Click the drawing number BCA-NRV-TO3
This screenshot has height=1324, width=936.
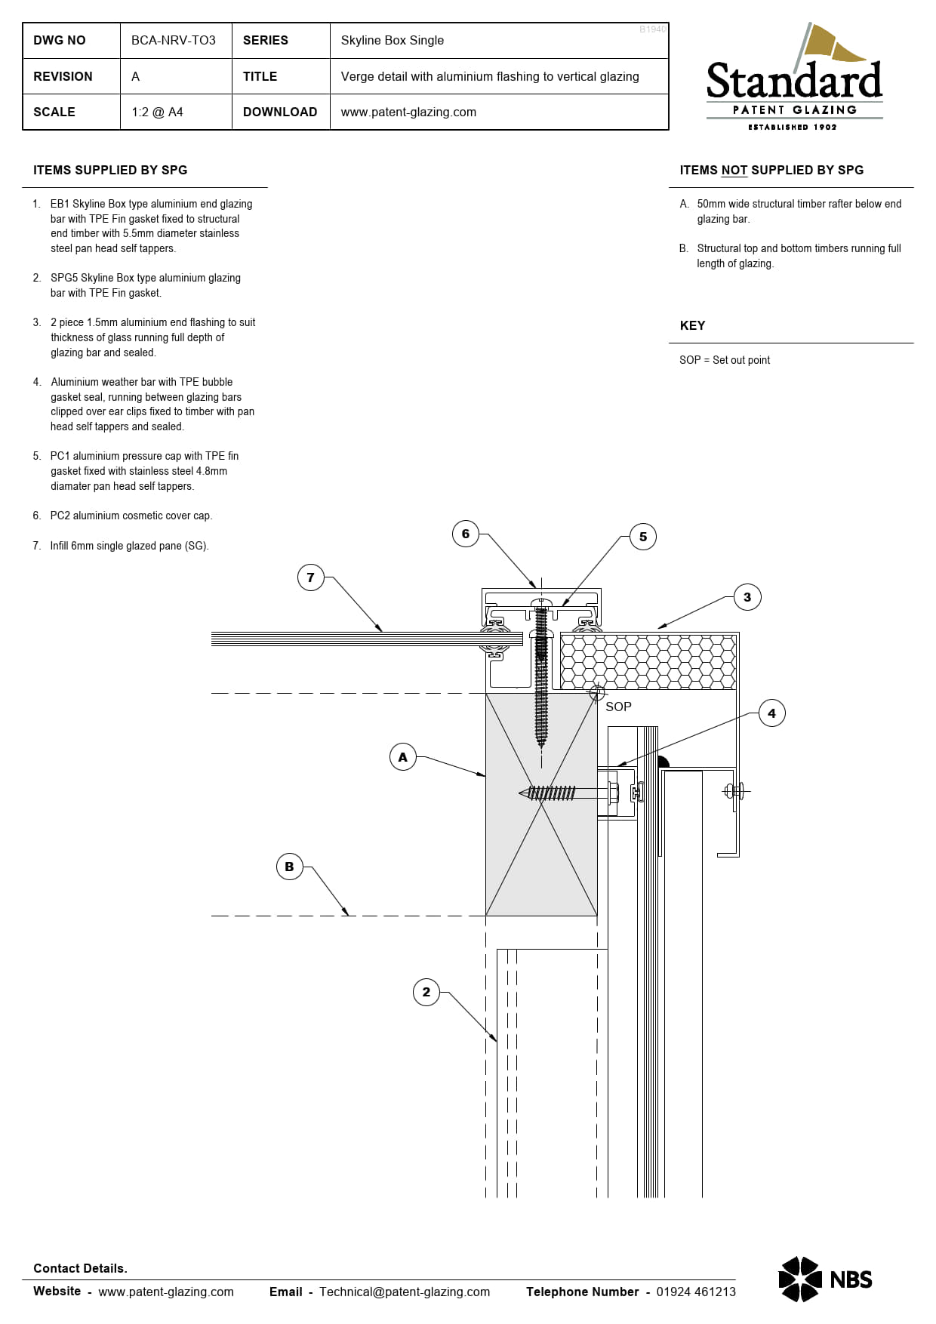(x=173, y=40)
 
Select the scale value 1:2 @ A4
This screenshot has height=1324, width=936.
(x=157, y=112)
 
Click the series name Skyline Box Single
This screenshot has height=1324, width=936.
(x=392, y=40)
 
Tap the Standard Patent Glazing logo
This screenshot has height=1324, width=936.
(x=794, y=79)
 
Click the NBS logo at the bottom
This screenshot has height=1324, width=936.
(x=824, y=1279)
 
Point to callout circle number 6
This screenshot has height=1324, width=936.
(x=466, y=534)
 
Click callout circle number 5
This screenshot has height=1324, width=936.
(x=643, y=537)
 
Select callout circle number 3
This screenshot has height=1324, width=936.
(x=747, y=597)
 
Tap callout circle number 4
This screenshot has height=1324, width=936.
(x=771, y=713)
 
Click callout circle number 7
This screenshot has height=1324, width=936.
(x=310, y=577)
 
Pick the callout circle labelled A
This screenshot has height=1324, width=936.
(x=402, y=756)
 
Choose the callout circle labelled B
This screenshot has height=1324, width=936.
(x=289, y=867)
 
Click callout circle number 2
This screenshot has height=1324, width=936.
(x=426, y=992)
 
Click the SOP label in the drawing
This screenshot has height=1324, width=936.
(x=618, y=707)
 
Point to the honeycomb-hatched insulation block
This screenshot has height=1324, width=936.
(x=648, y=662)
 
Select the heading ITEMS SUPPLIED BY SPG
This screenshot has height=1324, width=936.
(x=110, y=170)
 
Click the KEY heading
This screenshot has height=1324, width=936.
(x=692, y=325)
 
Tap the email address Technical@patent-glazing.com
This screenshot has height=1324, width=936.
(x=404, y=1292)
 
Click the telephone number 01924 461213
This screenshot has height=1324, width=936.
(x=695, y=1292)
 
